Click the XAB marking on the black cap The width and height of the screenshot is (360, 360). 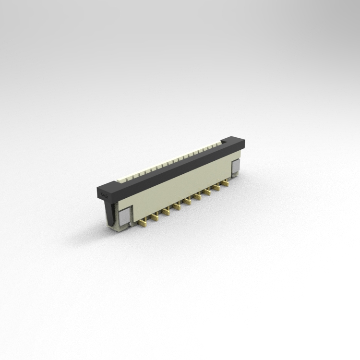pyautogui.click(x=104, y=194)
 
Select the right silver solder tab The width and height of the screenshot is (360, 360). pyautogui.click(x=236, y=167)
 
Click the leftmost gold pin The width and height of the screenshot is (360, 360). pyautogui.click(x=143, y=223)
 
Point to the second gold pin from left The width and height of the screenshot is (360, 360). pyautogui.click(x=155, y=217)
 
